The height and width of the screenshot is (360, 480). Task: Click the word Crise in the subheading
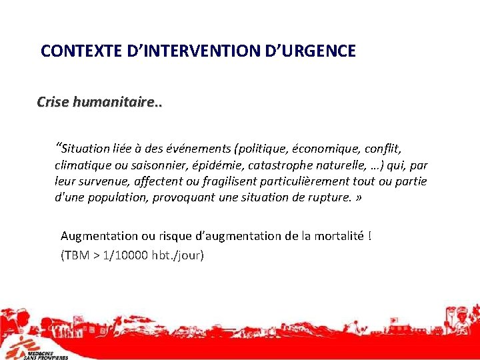53,102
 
